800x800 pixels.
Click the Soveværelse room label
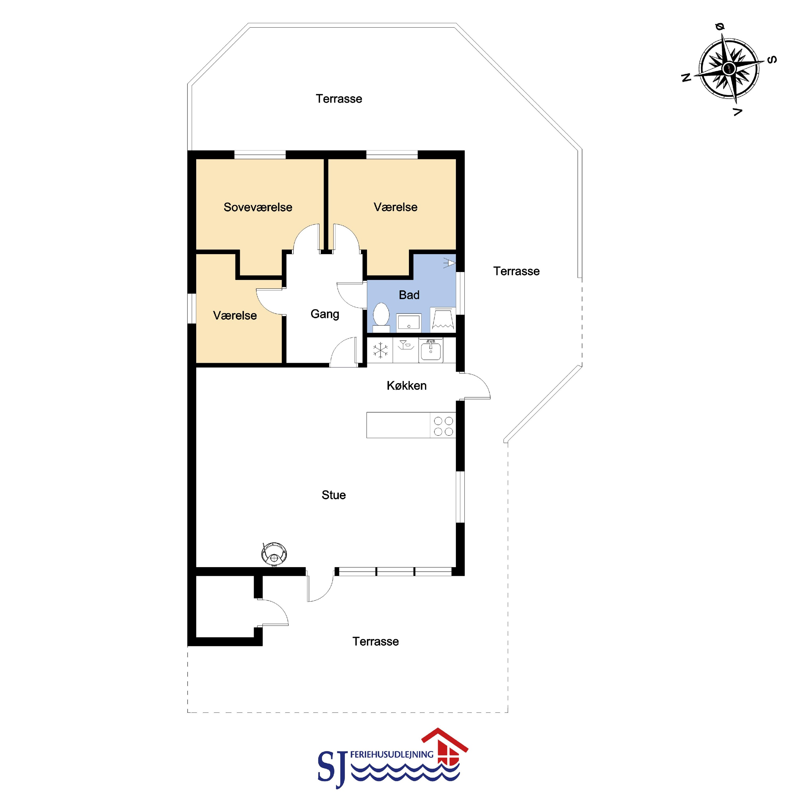[258, 207]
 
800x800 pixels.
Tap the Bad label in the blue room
[409, 295]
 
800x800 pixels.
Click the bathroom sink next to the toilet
[409, 322]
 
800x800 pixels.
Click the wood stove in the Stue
[274, 553]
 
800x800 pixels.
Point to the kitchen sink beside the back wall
[431, 351]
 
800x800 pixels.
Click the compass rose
[729, 69]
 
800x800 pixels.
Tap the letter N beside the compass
[686, 77]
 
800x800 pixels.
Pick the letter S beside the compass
[772, 60]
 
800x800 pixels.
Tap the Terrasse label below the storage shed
[376, 641]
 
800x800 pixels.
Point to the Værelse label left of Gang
[235, 316]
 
